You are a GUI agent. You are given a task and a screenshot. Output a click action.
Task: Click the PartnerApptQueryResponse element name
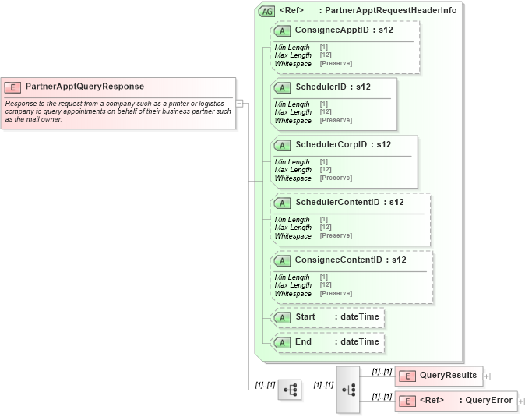[x=84, y=87]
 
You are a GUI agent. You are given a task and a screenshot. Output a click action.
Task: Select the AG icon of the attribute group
[x=267, y=11]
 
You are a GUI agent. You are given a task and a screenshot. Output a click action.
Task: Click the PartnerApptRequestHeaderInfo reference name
[x=390, y=11]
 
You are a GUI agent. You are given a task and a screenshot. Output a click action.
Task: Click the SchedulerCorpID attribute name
[x=343, y=145]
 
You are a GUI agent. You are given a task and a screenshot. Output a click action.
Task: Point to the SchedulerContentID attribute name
[x=349, y=203]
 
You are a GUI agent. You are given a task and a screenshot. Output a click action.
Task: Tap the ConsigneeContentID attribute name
[x=351, y=260]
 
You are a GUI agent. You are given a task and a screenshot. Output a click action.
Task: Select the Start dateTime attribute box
[x=328, y=318]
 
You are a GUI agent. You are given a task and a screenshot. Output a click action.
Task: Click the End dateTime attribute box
[x=328, y=342]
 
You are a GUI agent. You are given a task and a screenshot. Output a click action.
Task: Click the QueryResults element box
[x=439, y=376]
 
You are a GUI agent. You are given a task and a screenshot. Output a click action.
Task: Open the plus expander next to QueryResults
[x=487, y=376]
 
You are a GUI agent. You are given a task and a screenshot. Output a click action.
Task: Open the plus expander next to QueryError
[x=521, y=401]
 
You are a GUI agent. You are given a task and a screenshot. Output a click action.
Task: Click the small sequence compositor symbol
[x=290, y=390]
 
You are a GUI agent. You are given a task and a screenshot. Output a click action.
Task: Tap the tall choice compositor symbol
[x=347, y=389]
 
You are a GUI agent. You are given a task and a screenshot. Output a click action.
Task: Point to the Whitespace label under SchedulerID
[x=293, y=121]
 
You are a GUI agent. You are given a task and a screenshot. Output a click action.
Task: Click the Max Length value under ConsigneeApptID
[x=324, y=55]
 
